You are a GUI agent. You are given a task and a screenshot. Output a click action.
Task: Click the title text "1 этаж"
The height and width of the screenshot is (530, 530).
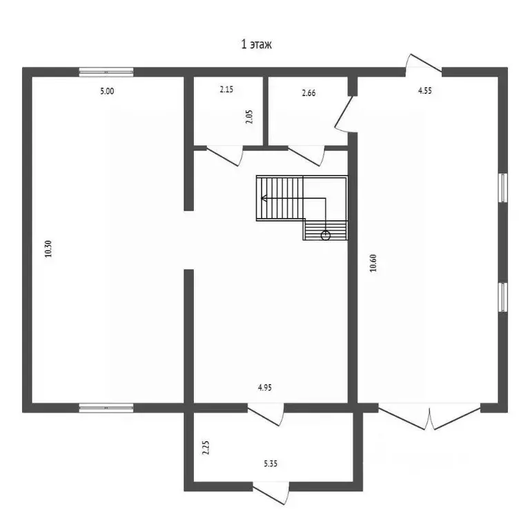coord(257,45)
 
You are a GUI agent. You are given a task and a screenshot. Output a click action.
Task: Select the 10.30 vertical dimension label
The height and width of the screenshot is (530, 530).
coord(48,248)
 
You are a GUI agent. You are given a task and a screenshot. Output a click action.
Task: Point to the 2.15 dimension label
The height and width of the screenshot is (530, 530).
coord(227,90)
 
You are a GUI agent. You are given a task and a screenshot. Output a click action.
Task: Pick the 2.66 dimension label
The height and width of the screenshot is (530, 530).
coord(308,94)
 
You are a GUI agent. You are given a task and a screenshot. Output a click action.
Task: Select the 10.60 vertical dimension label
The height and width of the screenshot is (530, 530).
coord(373,264)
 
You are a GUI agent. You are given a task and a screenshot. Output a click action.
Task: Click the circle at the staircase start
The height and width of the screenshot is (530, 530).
coord(326,235)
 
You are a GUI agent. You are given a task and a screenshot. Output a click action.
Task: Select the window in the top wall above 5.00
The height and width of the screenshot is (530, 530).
coord(106,71)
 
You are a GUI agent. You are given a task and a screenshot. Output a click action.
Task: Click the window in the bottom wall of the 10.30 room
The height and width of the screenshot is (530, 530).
coord(106,408)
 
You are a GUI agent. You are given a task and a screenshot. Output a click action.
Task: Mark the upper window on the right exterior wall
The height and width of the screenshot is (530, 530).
coord(503,188)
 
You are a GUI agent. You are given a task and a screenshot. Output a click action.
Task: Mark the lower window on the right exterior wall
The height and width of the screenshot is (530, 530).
coord(503,297)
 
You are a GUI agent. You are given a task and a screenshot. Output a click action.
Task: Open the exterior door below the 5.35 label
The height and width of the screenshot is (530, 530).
coord(271,491)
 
